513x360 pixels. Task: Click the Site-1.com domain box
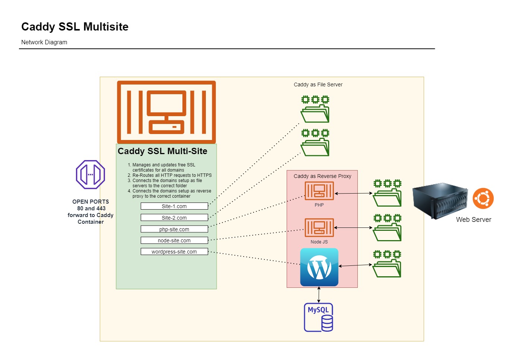(174, 206)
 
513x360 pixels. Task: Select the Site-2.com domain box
(174, 218)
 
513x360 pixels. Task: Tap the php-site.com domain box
(174, 229)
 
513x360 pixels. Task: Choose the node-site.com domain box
(174, 240)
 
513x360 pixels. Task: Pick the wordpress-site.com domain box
(174, 252)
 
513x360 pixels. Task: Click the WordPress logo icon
(319, 267)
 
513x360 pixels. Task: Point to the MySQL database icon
(319, 318)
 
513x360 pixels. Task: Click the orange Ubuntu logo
(483, 198)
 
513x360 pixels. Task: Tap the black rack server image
(440, 201)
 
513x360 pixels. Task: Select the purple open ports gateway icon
(90, 175)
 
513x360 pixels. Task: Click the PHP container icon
(319, 191)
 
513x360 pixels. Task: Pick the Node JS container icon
(319, 227)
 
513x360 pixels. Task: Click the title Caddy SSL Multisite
(75, 27)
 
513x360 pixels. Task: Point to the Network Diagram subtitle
(44, 42)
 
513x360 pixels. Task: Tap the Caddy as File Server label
(318, 85)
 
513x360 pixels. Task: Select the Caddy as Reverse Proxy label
(322, 176)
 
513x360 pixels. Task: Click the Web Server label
(474, 220)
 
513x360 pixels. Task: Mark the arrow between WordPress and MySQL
(319, 295)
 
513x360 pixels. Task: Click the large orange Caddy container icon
(166, 112)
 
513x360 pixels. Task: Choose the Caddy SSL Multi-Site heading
(162, 151)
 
